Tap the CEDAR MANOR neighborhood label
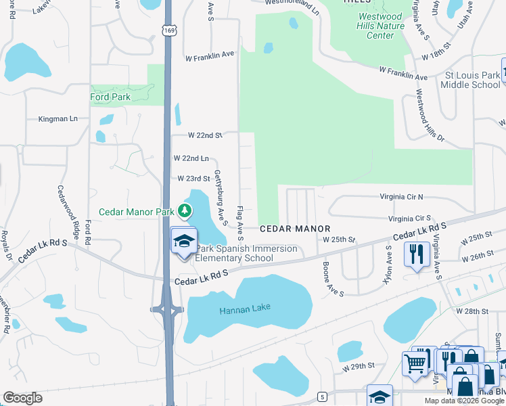click(x=295, y=229)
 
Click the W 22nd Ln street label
click(x=190, y=158)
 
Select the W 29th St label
click(x=358, y=366)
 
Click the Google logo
click(x=22, y=398)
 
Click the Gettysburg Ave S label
click(x=221, y=197)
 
